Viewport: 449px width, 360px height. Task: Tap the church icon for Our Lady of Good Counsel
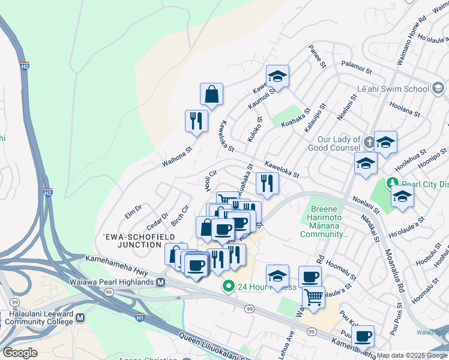click(369, 142)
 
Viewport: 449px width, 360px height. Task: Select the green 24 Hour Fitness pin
click(228, 286)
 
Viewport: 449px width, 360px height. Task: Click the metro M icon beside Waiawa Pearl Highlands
click(160, 283)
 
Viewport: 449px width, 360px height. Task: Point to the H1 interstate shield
click(140, 317)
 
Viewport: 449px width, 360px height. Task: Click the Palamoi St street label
click(357, 65)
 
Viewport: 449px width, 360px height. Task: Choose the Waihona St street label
click(176, 157)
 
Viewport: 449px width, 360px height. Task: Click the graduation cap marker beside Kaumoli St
click(277, 76)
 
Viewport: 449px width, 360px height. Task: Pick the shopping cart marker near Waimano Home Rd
click(313, 297)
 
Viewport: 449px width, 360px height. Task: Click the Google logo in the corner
click(20, 353)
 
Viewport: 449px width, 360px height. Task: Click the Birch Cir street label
click(180, 215)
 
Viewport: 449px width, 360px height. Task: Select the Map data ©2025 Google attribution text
click(412, 355)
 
